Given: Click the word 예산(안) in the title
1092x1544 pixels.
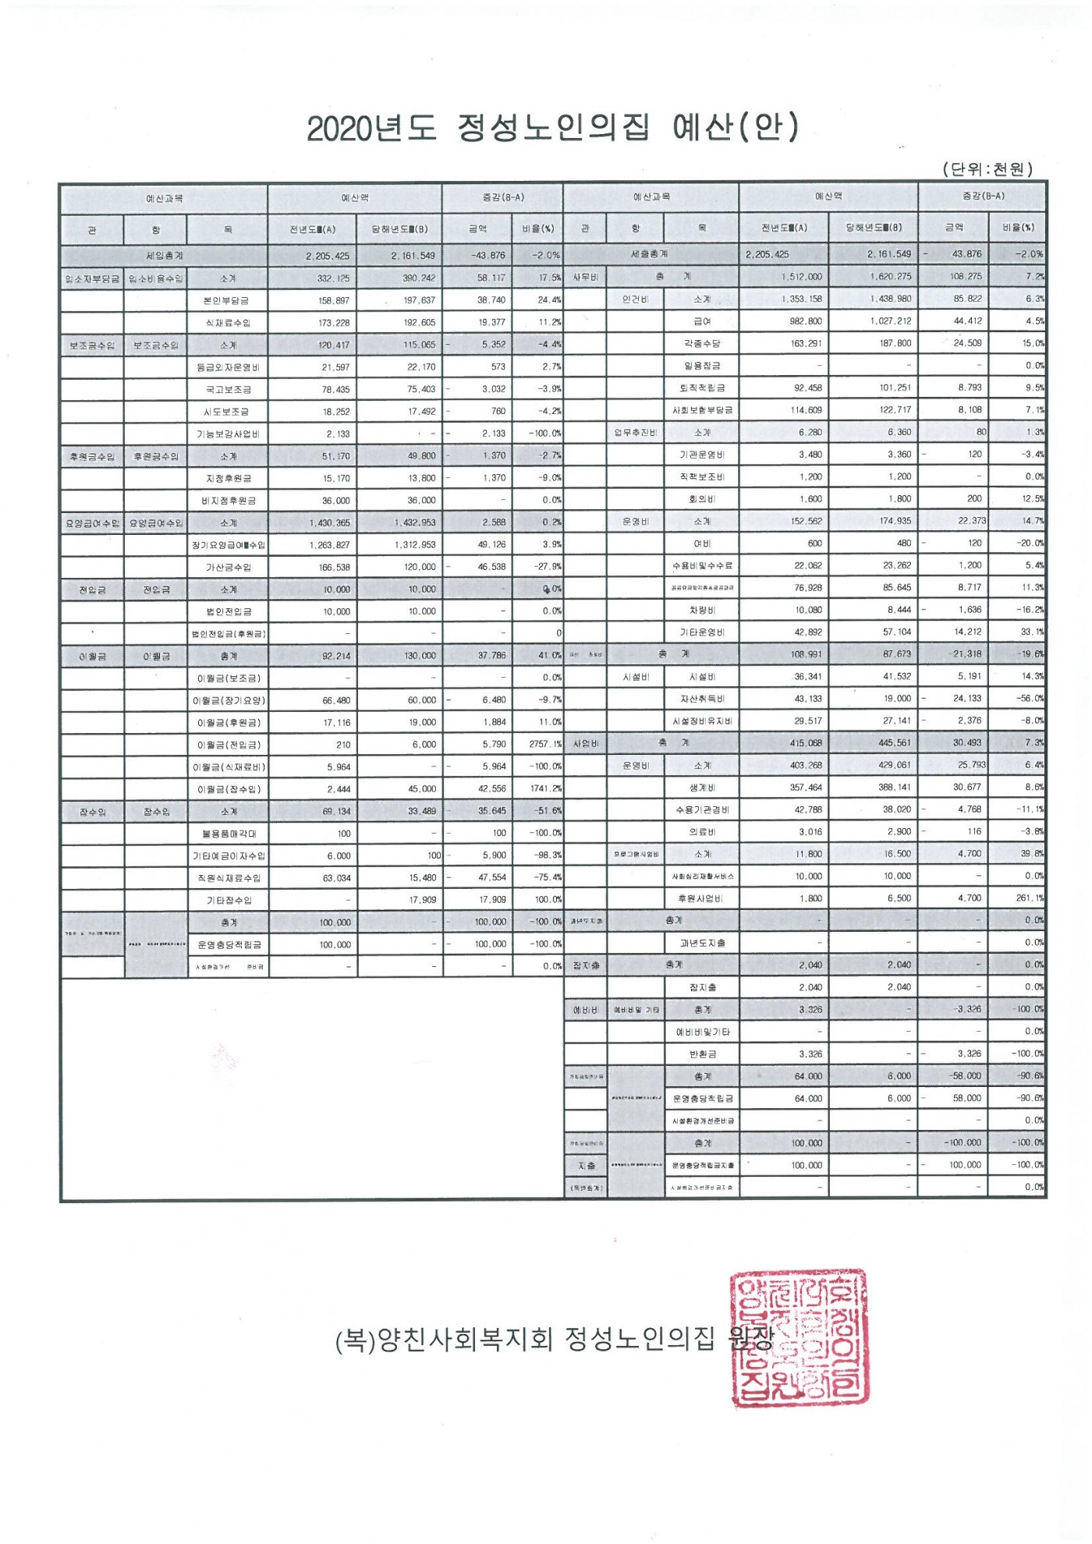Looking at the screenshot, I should (x=735, y=127).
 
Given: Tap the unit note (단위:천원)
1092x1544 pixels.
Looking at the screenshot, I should (x=987, y=168).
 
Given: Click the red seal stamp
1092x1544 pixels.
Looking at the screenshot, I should (x=799, y=1337).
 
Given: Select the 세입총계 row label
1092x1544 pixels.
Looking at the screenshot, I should (x=164, y=256).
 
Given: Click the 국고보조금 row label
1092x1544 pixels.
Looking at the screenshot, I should (x=228, y=389).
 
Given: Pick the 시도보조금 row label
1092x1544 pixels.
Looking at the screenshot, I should (x=228, y=412).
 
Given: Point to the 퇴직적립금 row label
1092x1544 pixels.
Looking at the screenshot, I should (x=702, y=388).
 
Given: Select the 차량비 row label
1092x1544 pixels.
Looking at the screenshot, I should (x=702, y=611).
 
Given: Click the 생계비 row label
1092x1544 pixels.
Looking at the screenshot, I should (x=702, y=788).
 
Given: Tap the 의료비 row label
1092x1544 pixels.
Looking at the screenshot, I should (x=702, y=832).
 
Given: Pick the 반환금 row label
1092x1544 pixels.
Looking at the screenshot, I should (x=702, y=1054).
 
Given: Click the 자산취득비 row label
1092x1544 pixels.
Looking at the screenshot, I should (x=702, y=699).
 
